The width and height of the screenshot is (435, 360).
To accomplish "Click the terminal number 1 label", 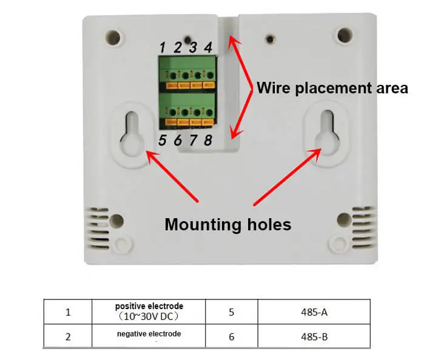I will (x=162, y=47).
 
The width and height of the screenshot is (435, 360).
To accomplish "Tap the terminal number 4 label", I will (x=208, y=47).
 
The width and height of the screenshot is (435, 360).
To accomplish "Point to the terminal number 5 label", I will (x=162, y=141).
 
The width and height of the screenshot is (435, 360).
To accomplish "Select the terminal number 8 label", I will (x=208, y=141).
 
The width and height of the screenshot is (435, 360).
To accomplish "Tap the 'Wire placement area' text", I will (x=332, y=88).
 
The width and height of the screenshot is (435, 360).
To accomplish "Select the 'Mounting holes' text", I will (x=228, y=225).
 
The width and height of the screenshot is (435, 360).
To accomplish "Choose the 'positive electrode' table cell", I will (x=149, y=311).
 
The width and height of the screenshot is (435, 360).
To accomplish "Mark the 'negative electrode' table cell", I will (x=149, y=335).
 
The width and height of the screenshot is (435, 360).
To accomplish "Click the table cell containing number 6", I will (x=231, y=336).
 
